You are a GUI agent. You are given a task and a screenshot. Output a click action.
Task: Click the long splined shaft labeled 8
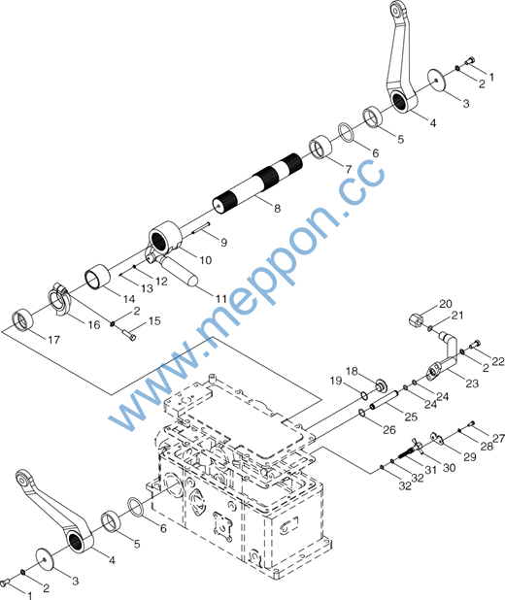(257, 183)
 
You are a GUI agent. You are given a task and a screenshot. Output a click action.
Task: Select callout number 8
(277, 208)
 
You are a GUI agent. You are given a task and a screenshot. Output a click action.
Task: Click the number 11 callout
(221, 298)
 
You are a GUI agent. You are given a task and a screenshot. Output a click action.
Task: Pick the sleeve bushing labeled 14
(97, 276)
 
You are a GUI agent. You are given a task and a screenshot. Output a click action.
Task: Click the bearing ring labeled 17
(22, 319)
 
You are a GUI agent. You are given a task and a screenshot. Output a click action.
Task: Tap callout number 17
(54, 340)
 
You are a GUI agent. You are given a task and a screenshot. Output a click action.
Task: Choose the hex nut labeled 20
(417, 318)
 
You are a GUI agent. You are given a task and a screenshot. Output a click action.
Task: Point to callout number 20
(446, 304)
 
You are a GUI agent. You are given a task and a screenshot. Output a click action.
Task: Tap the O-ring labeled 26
(361, 412)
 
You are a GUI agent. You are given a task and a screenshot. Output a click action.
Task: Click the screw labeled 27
(472, 423)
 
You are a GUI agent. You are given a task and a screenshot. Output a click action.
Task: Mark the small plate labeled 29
(437, 439)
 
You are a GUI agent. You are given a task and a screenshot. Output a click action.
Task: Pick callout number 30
(449, 468)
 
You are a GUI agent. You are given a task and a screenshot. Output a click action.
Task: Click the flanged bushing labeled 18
(381, 385)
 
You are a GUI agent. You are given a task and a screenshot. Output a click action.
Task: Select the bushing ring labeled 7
(320, 147)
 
